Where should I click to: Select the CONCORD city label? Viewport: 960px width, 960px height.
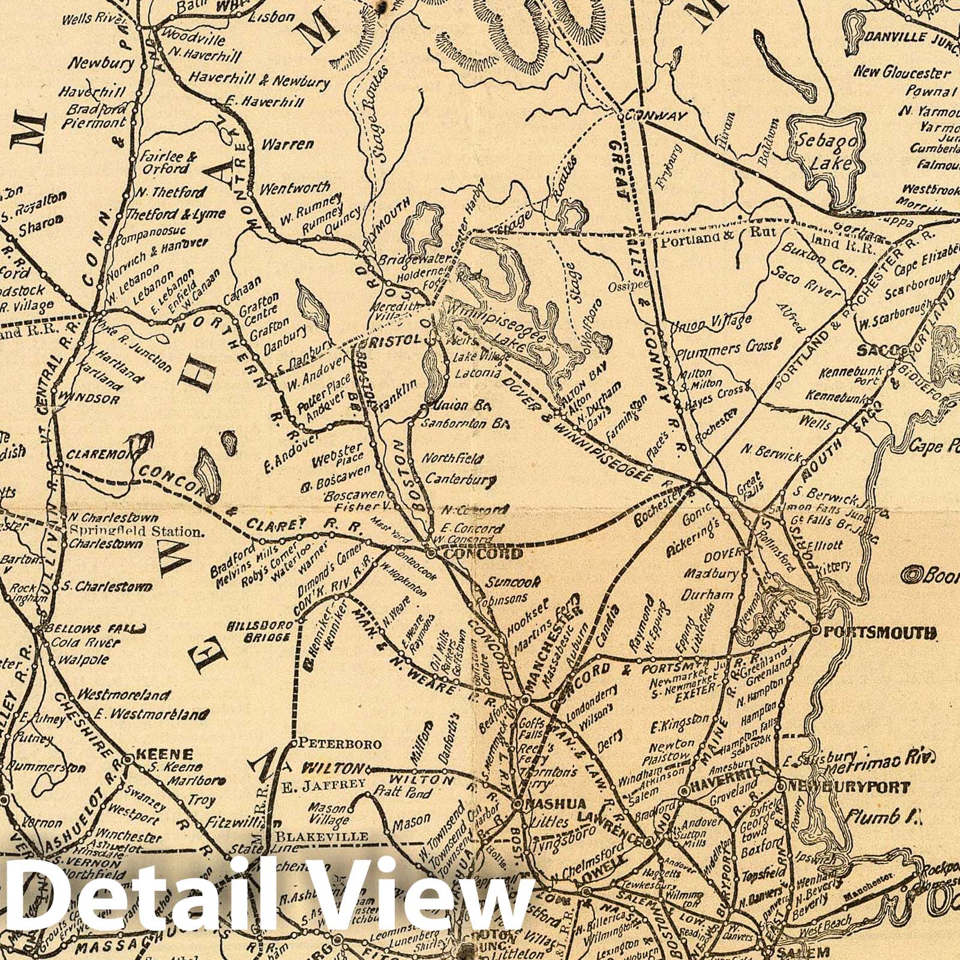point(479,553)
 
